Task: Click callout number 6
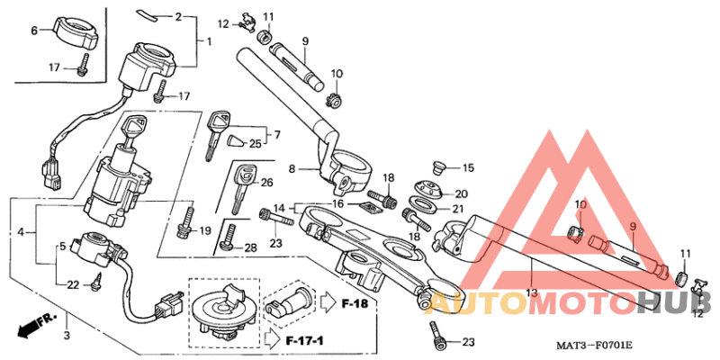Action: (34, 31)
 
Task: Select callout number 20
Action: (461, 193)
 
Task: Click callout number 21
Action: (457, 210)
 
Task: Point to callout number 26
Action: (266, 184)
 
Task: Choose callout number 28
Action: (250, 247)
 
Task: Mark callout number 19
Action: (205, 229)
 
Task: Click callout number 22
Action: (74, 284)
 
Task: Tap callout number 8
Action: (292, 168)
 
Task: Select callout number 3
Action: (66, 336)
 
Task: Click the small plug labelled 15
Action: (439, 166)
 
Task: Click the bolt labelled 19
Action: (187, 220)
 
